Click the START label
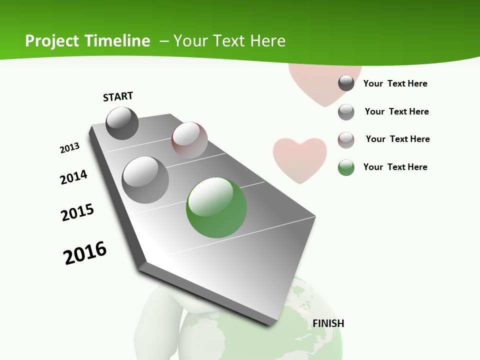[118, 96]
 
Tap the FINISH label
[328, 323]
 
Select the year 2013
[69, 148]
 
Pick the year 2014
[73, 177]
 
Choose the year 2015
[77, 212]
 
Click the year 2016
[85, 253]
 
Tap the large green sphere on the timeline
[216, 207]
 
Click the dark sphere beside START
[122, 123]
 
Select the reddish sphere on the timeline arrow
[189, 140]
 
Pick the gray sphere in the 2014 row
[145, 180]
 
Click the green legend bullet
[346, 167]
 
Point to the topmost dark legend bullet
[346, 83]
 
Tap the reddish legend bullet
[346, 140]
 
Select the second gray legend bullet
[346, 112]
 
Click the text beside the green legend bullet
[395, 167]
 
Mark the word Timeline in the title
[119, 40]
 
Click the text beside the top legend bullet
[395, 83]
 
